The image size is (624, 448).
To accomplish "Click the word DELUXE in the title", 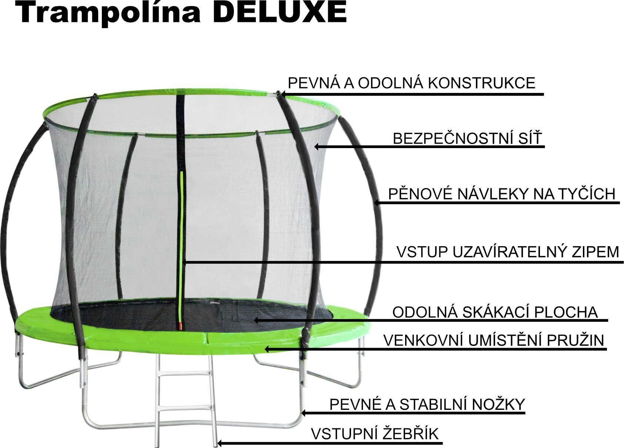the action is click(x=280, y=13).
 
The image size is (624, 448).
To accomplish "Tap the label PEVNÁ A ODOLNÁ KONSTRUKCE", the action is click(x=411, y=83).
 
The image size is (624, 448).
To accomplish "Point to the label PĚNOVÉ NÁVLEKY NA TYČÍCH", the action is click(x=502, y=194).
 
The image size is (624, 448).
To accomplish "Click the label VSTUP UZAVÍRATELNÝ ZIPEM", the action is click(x=508, y=252).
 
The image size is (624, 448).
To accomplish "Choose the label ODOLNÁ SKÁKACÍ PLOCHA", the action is click(x=495, y=312).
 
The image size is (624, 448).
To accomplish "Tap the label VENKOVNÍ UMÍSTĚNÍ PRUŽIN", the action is click(x=494, y=340).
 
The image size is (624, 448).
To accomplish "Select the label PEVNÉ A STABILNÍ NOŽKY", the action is click(x=427, y=404).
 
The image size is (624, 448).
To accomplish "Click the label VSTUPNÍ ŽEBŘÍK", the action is click(x=375, y=434).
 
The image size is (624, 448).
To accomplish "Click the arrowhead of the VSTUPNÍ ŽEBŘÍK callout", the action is click(x=220, y=443).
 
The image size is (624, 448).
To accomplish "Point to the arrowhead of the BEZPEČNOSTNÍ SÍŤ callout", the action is click(x=317, y=147).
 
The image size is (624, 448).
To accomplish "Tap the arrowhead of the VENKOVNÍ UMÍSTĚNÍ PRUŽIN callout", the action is click(x=267, y=349).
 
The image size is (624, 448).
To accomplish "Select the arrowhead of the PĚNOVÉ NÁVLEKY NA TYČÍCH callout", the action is click(x=376, y=203).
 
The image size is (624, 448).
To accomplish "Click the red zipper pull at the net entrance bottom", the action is click(x=180, y=325).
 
